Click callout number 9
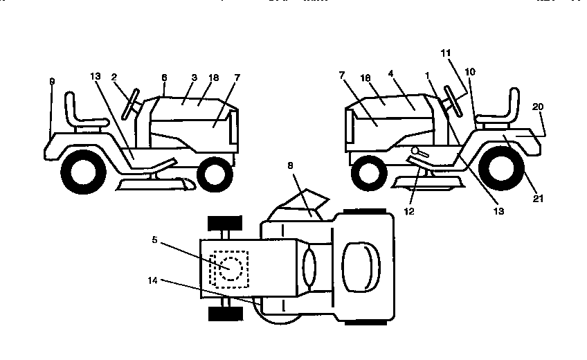51,81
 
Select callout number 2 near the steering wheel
114,78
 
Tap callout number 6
164,78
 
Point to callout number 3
195,78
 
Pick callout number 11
445,52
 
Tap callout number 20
538,106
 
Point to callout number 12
410,211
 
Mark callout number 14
152,280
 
